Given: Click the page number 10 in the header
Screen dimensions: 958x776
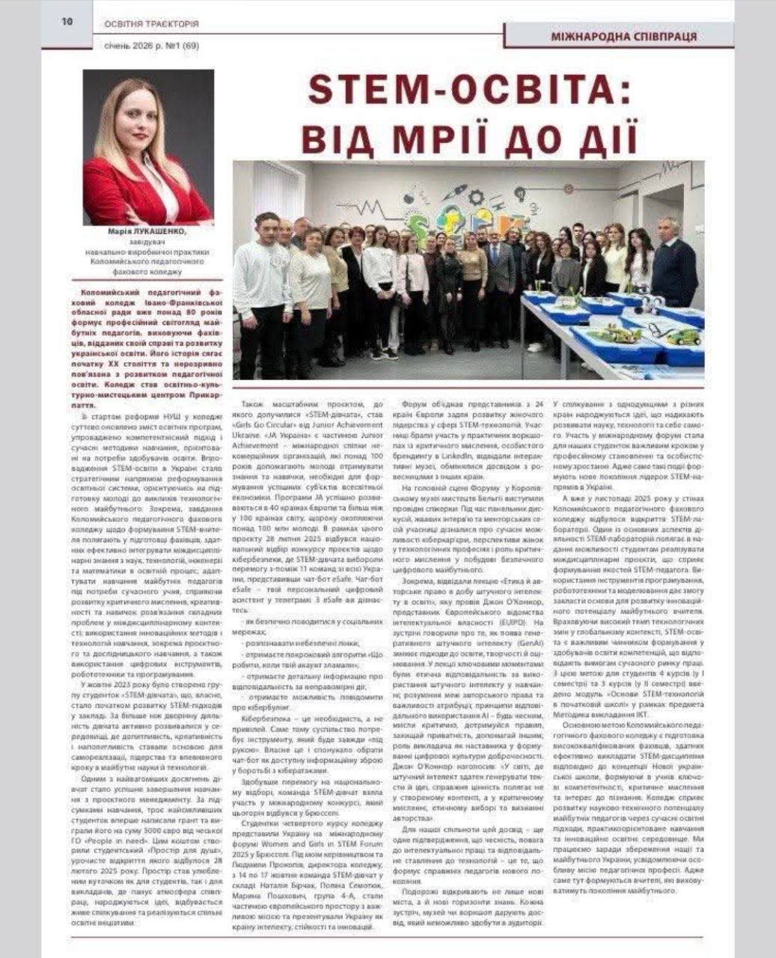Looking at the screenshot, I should coord(67,22).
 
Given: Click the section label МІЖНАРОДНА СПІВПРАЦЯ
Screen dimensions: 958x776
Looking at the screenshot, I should coord(623,36).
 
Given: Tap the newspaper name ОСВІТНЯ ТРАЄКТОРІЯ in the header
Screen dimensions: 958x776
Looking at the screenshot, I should coord(151,24).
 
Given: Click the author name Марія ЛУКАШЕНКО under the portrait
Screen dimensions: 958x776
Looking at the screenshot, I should coord(147,231).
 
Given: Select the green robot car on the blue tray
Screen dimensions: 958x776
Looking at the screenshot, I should coord(683,336).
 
